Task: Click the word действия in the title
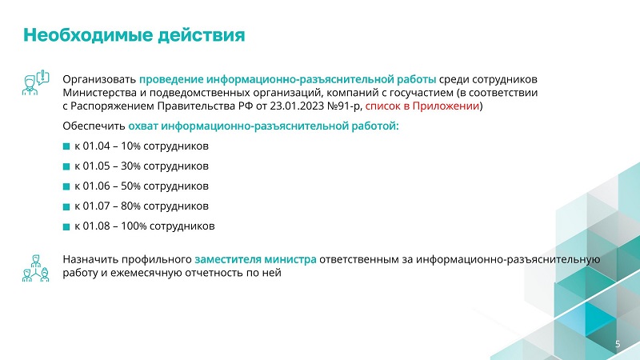202,36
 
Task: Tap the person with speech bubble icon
35,83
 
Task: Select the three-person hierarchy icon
35,268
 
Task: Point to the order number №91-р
345,106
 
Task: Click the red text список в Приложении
422,106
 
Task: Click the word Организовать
99,79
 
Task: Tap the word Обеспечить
94,126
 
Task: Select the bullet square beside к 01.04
66,146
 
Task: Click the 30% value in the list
130,166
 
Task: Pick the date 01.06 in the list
96,186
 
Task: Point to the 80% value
130,206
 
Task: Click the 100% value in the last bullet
134,226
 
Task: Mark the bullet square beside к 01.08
66,226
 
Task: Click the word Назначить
90,259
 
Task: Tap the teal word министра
290,259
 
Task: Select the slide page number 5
618,344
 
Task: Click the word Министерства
100,93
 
